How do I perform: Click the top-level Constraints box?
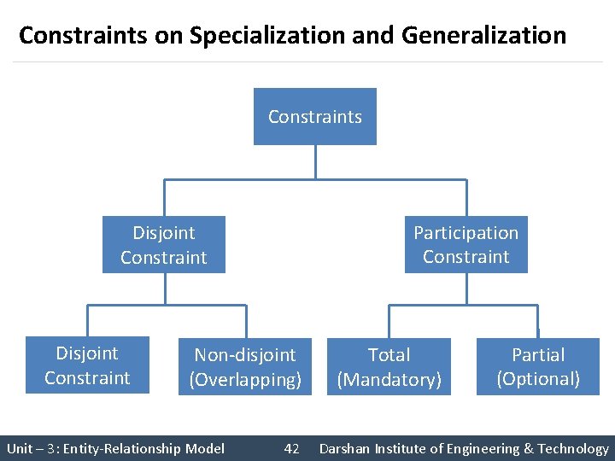(314, 117)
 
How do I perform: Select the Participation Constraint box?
(466, 244)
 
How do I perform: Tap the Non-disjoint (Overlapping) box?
(245, 367)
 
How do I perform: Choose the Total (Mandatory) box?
(389, 367)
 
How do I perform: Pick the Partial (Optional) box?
(538, 367)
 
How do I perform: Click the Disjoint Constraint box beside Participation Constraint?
(164, 244)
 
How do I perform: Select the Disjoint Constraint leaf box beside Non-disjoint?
(87, 365)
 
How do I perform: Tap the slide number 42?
(291, 448)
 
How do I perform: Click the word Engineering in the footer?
(479, 448)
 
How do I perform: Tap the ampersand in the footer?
(529, 448)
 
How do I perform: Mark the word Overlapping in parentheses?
(245, 380)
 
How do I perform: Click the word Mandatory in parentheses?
(389, 380)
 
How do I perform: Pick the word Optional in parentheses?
(538, 379)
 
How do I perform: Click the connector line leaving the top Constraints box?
(315, 162)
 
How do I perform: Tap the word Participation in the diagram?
(466, 233)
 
